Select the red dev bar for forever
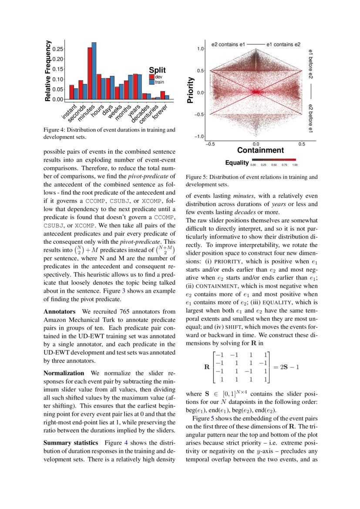tap(163, 95)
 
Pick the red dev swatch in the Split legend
tap(151, 77)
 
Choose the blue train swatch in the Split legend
tap(151, 81)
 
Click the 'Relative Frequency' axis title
tap(48, 71)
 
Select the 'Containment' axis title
tap(260, 150)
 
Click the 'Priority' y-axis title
tap(190, 90)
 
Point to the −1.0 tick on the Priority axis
tap(199, 136)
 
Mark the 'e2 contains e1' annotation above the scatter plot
tap(229, 44)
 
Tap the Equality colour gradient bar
tap(273, 160)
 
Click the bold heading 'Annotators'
tap(60, 312)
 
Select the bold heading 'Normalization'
tap(64, 373)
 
